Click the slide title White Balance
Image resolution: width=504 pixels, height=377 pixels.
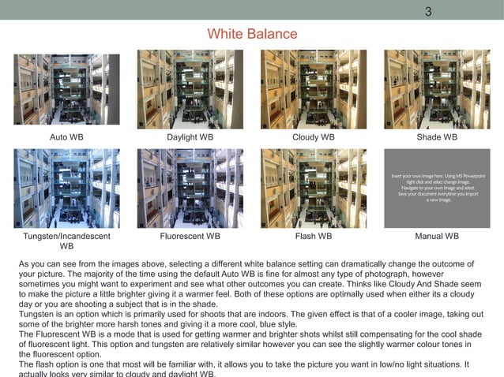point(252,34)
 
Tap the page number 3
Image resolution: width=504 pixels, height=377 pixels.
point(428,11)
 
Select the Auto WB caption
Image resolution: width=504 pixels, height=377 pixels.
point(66,137)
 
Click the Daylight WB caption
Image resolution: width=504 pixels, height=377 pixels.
point(190,137)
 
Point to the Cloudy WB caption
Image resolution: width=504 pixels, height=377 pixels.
point(314,137)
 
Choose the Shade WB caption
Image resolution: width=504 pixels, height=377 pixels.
point(437,137)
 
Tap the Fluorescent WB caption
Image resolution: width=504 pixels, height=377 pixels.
point(190,236)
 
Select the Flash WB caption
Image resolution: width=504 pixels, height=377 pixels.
point(314,236)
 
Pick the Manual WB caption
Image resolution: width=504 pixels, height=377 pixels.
point(437,236)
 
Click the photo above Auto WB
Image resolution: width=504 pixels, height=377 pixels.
point(66,89)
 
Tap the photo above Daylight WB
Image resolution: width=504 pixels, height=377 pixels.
point(190,89)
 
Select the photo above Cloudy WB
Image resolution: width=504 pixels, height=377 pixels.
point(314,89)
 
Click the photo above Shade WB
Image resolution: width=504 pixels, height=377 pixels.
point(437,89)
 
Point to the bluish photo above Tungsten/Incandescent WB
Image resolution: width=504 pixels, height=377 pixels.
point(66,188)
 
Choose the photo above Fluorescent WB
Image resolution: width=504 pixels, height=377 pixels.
point(190,188)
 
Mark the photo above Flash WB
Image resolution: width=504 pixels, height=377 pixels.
point(314,188)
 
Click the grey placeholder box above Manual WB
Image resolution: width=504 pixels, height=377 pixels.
point(437,188)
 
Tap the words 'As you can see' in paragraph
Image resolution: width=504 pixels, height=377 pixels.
point(47,263)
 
